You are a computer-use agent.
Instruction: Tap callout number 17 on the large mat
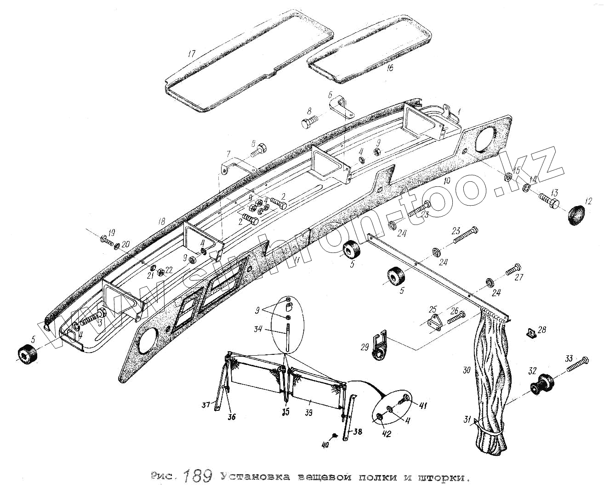(192, 53)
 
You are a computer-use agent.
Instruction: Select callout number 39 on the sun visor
(308, 412)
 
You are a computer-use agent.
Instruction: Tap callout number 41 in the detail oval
(423, 405)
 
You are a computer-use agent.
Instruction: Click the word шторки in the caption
(443, 478)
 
